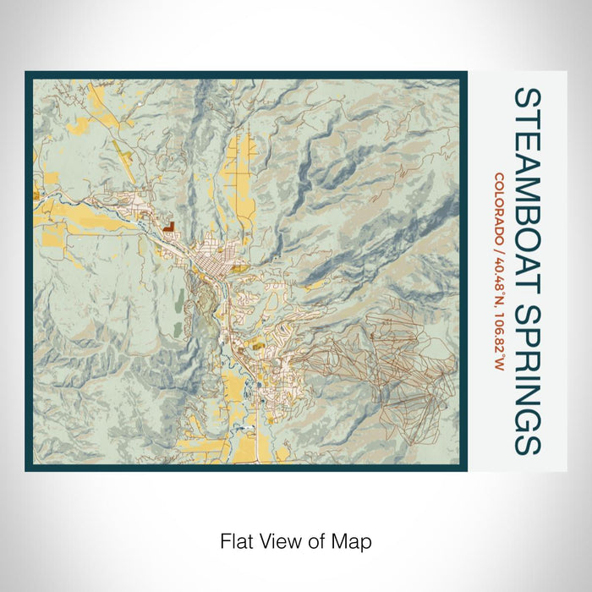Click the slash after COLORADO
(499, 255)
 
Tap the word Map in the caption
(355, 540)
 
